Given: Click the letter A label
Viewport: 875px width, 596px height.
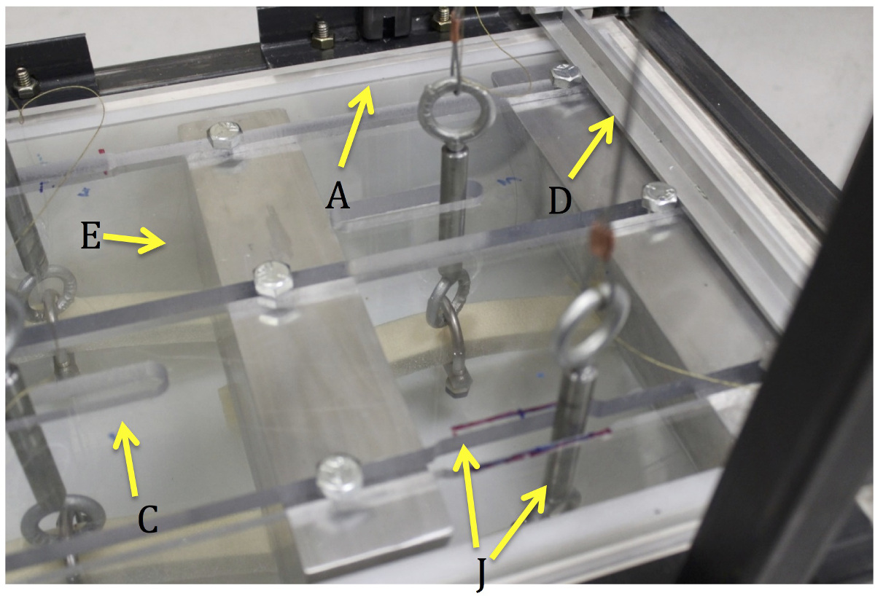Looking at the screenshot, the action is [x=338, y=196].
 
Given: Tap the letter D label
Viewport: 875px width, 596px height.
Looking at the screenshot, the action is [x=560, y=200].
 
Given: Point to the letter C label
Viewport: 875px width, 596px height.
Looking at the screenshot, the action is [x=148, y=519].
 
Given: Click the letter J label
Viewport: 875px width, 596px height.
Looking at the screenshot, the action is [x=482, y=573].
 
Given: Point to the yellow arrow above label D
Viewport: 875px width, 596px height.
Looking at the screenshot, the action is [x=591, y=146].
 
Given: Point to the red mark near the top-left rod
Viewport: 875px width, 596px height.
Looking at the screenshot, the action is [x=103, y=161].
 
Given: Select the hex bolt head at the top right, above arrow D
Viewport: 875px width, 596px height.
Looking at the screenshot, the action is [x=565, y=77].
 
